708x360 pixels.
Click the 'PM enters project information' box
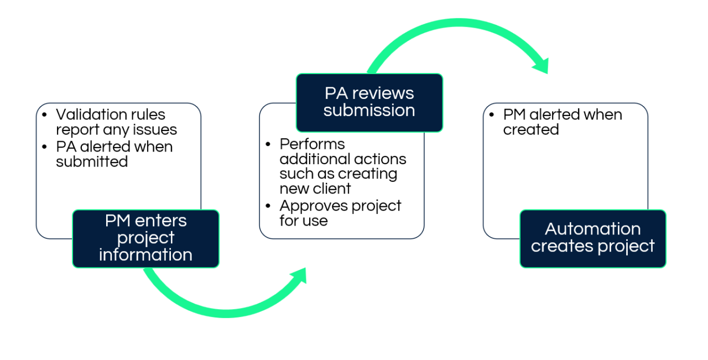coord(145,238)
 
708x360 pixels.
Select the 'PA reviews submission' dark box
coord(369,102)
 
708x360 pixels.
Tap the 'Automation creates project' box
coord(592,238)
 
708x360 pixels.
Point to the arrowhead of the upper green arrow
coord(541,65)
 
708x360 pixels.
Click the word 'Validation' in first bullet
coord(91,115)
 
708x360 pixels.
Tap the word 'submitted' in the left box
coord(92,161)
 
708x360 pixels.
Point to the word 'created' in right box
coord(530,130)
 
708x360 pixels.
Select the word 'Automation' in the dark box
coord(592,229)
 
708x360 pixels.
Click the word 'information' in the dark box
coord(145,255)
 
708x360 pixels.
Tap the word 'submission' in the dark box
coord(369,111)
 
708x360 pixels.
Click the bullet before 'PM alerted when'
coord(492,115)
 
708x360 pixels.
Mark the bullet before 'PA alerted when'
coord(45,147)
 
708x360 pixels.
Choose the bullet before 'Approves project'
coord(268,206)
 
